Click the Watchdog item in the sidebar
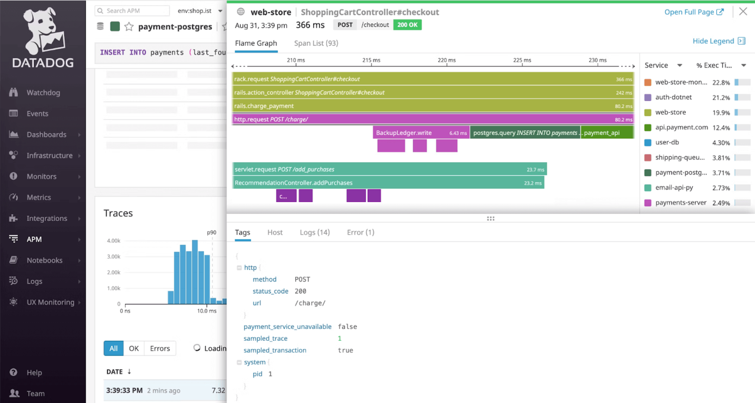click(43, 92)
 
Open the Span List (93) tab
click(316, 43)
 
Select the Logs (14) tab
click(315, 232)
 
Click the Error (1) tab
click(360, 232)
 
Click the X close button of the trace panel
click(743, 12)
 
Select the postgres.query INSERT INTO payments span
click(525, 133)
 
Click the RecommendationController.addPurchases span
click(388, 183)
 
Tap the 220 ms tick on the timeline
click(446, 60)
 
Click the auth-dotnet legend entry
click(673, 97)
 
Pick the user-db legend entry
click(667, 142)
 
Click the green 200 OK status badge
click(407, 24)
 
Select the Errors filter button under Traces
click(160, 348)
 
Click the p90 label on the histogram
click(211, 233)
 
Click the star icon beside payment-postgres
click(129, 27)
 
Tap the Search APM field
click(133, 11)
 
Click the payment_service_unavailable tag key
click(287, 326)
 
